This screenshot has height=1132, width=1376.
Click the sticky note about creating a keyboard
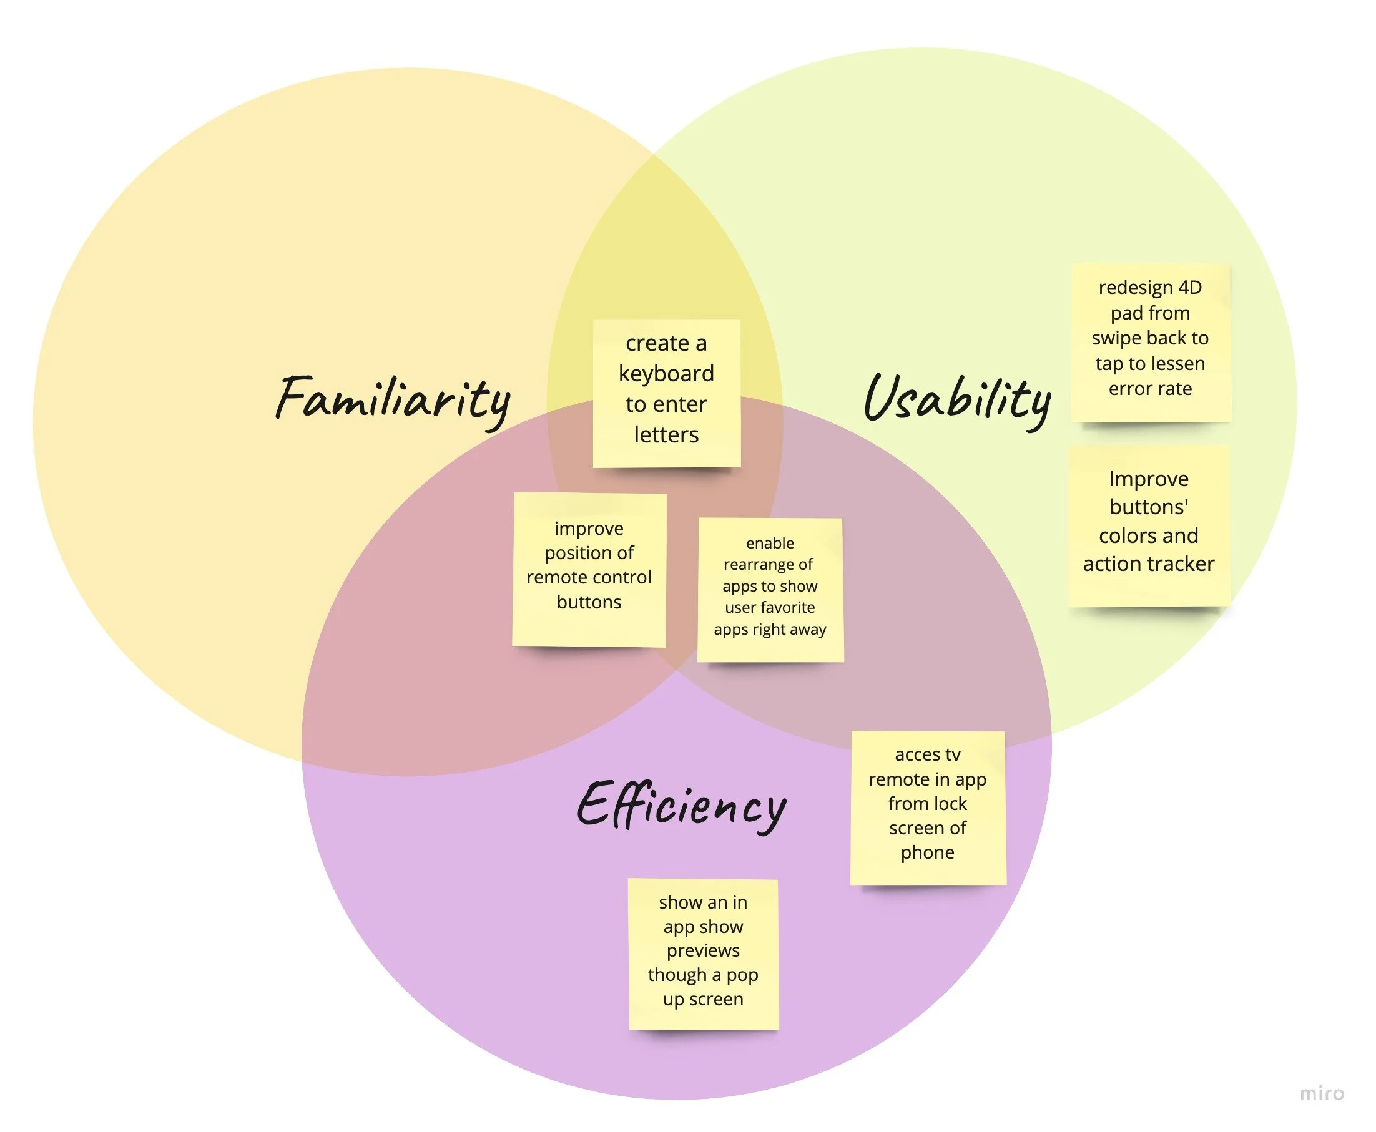tap(666, 393)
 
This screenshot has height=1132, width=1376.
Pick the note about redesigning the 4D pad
tap(1150, 343)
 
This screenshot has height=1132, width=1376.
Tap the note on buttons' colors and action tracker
tap(1149, 525)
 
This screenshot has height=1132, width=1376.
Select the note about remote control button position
tap(589, 569)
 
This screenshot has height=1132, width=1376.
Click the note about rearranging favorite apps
tap(770, 590)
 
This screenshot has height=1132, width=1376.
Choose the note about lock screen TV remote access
tap(927, 808)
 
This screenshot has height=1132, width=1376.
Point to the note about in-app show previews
tap(704, 954)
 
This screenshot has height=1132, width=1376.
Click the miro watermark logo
tap(1322, 1093)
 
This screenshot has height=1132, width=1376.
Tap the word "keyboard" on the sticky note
tap(666, 374)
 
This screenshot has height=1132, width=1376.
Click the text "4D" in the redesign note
tap(1190, 288)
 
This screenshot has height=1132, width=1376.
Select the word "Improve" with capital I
tap(1148, 479)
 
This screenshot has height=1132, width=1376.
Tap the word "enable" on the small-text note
tap(770, 543)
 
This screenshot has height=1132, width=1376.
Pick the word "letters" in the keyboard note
tap(666, 435)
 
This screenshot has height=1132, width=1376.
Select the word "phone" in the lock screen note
tap(927, 852)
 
